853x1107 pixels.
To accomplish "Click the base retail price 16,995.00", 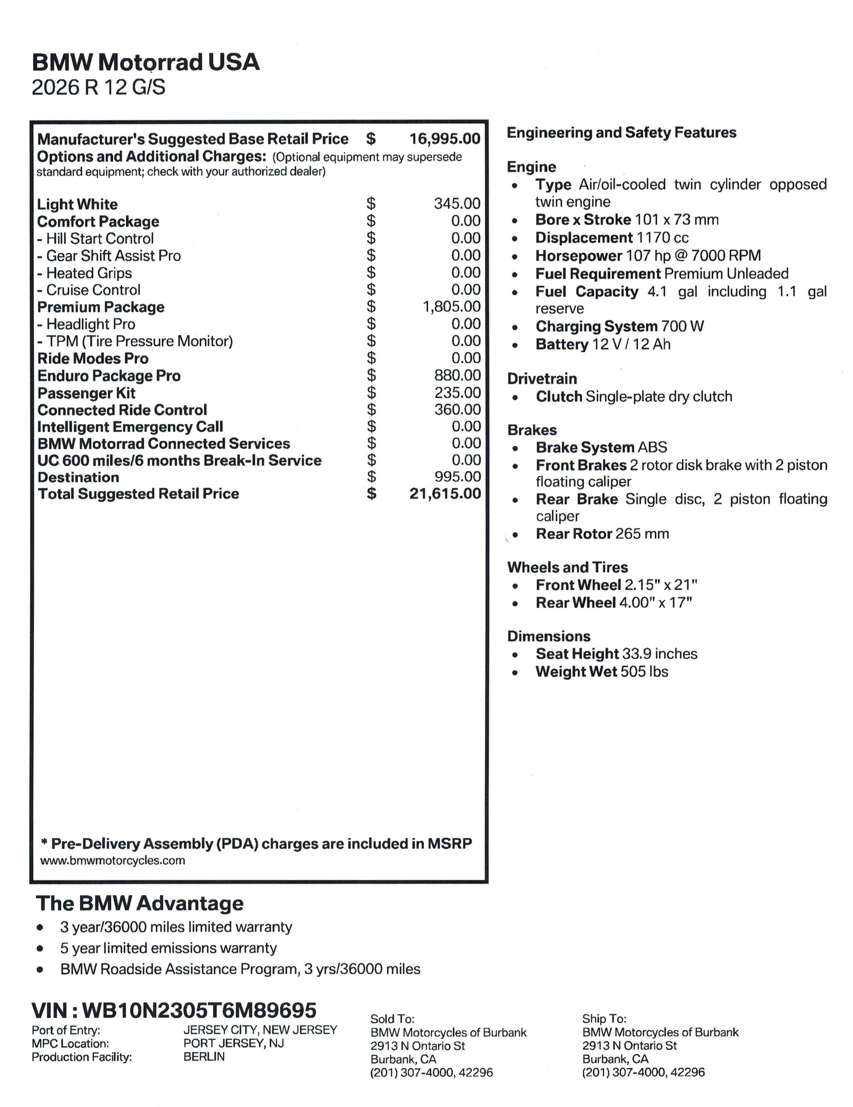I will [445, 138].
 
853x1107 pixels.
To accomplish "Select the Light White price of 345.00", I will [457, 203].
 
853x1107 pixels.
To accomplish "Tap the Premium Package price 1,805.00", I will [451, 306].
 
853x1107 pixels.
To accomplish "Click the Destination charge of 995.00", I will [457, 477].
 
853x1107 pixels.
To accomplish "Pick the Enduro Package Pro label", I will [109, 375].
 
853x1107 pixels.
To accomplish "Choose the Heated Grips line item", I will [85, 273].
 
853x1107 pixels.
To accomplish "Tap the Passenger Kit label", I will [87, 393].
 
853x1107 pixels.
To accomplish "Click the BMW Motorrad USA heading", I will [146, 62].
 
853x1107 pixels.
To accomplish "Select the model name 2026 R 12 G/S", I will [98, 87].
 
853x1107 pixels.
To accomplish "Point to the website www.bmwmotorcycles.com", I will [113, 860].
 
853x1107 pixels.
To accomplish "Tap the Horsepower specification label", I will [578, 255].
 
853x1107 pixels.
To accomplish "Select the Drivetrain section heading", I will [542, 379].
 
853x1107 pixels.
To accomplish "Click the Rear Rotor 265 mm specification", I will [602, 533].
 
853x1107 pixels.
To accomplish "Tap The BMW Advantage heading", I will [139, 903].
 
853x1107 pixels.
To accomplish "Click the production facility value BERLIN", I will [204, 1057].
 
